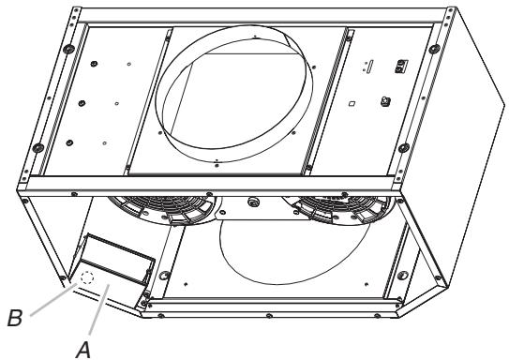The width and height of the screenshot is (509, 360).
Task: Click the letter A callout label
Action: click(x=83, y=351)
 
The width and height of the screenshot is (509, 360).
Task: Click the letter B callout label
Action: click(x=15, y=318)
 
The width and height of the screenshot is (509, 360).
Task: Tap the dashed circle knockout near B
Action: click(x=88, y=277)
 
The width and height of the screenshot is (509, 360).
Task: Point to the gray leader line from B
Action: click(x=53, y=299)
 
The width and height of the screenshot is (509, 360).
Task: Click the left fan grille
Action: click(x=161, y=209)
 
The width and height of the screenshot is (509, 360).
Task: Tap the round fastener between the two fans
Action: click(x=252, y=202)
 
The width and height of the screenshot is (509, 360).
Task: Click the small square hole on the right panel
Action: click(x=352, y=104)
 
